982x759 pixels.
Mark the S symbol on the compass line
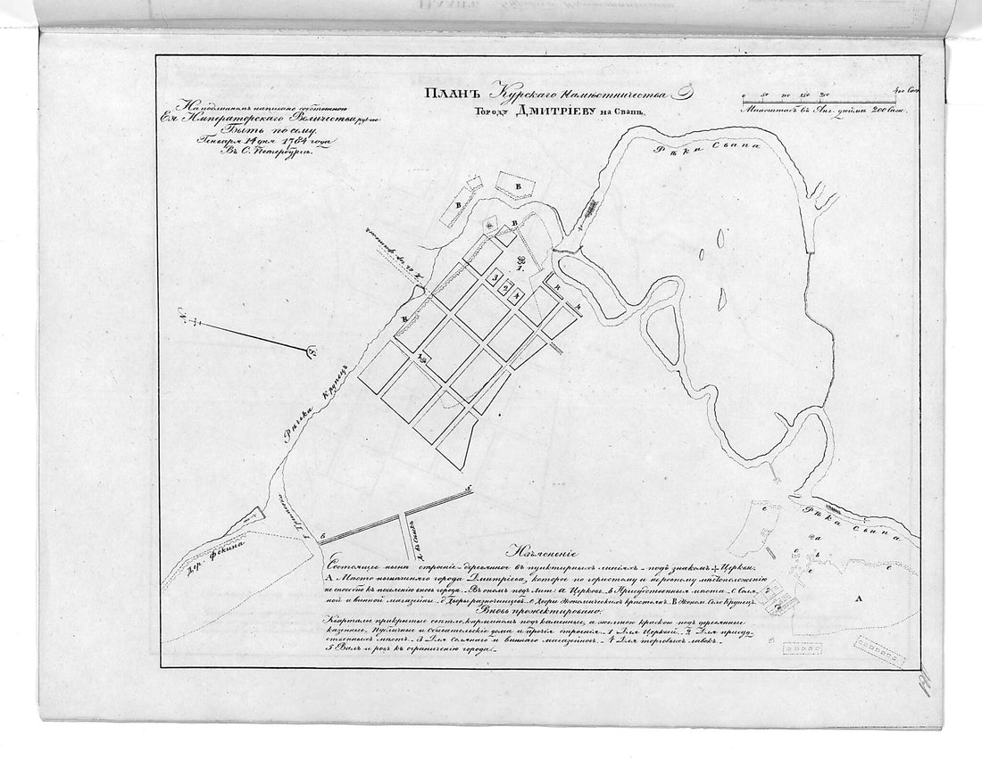(x=312, y=351)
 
